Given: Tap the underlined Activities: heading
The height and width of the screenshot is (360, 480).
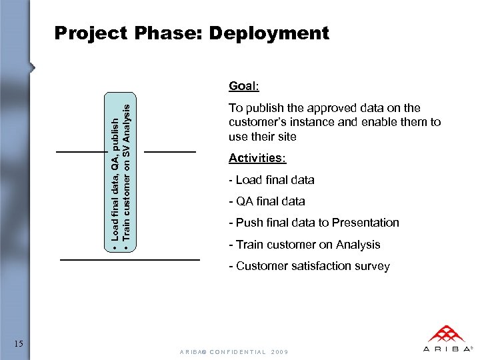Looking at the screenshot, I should (257, 158).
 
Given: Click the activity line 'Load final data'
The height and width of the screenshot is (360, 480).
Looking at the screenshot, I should (271, 180).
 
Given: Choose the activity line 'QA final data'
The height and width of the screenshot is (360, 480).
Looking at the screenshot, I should (267, 201).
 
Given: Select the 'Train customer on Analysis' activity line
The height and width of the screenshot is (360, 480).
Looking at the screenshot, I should (304, 244).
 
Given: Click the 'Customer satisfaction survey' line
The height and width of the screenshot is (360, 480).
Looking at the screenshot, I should (309, 266).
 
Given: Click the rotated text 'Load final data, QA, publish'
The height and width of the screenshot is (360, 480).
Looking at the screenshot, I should (115, 180).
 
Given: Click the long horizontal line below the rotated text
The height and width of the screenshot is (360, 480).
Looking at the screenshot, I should (130, 258).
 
